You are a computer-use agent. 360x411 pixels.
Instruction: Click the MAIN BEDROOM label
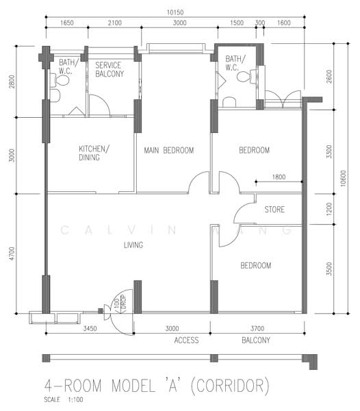169,151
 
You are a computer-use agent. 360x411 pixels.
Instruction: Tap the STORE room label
274,210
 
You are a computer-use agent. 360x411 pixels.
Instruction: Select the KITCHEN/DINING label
94,153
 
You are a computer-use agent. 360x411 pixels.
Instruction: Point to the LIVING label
133,245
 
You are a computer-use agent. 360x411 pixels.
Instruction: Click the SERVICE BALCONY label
110,69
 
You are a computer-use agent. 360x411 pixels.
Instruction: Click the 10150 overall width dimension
175,12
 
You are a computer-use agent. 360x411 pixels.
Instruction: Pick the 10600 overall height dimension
344,178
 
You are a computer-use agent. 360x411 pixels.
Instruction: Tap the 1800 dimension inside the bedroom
279,177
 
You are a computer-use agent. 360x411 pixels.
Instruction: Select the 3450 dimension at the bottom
90,328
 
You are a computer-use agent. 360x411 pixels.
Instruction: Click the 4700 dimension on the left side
12,253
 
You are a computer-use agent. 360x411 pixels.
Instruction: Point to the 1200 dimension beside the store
329,209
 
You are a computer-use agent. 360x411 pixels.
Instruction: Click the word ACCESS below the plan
186,340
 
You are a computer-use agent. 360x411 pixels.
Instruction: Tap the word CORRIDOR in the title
230,386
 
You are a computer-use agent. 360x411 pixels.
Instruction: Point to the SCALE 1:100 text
64,400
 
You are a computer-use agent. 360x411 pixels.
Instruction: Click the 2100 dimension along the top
115,23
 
